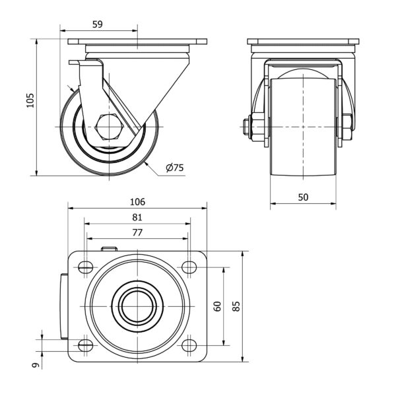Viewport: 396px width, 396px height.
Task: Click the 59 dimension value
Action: point(97,24)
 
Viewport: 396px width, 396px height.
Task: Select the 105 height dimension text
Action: point(29,100)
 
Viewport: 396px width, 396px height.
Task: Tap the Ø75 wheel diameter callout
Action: point(174,168)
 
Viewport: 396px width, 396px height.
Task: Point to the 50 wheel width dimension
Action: point(303,197)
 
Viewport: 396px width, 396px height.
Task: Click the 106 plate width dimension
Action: point(137,201)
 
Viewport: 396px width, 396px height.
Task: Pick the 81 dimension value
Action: point(137,217)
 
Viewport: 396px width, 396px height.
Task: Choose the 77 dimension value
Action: point(137,232)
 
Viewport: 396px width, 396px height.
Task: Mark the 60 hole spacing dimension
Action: point(216,306)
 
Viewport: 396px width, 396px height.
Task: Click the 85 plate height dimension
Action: point(236,306)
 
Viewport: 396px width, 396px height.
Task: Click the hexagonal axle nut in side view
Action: point(108,125)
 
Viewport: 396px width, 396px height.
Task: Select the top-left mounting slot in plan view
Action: point(85,267)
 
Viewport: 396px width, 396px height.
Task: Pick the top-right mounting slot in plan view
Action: point(189,267)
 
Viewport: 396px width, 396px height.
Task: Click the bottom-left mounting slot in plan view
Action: point(85,345)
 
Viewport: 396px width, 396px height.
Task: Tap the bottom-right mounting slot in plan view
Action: point(189,345)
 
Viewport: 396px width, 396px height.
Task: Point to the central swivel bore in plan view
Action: point(137,306)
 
